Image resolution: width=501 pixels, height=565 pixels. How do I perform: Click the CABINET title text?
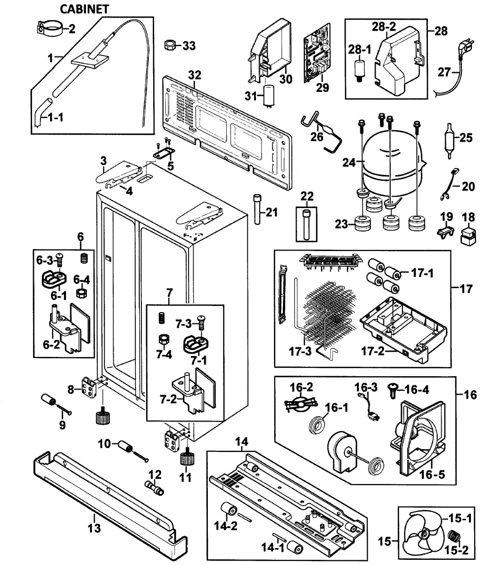click(x=85, y=9)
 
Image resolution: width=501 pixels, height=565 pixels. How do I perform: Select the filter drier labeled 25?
click(x=451, y=138)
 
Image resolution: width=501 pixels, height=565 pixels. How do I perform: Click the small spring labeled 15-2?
click(x=454, y=536)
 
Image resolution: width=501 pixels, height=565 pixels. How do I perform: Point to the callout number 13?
click(x=94, y=528)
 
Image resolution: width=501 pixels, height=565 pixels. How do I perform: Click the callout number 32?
click(x=195, y=75)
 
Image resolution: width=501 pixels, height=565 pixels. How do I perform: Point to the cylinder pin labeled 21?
click(x=257, y=210)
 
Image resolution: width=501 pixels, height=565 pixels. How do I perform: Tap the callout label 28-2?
click(x=385, y=27)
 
